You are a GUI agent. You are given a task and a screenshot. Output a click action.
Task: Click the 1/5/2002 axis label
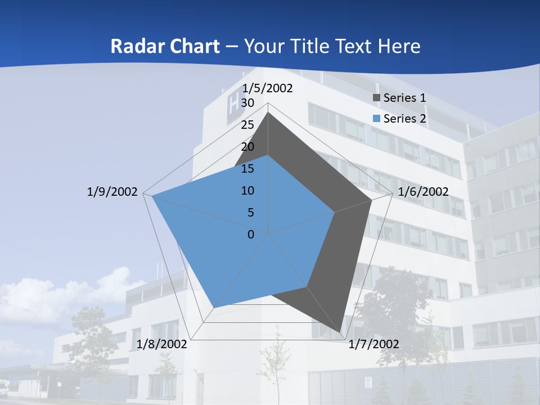tap(268, 88)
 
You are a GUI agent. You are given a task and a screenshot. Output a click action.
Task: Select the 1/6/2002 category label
tap(423, 192)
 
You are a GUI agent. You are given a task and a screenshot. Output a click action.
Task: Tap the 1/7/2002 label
tap(373, 344)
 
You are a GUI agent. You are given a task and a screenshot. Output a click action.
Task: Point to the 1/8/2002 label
tap(162, 344)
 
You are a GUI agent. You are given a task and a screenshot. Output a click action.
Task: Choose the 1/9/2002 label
tap(112, 192)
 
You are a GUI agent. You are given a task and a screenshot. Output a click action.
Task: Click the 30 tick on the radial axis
tap(247, 103)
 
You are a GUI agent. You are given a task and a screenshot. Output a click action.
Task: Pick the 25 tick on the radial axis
tap(247, 125)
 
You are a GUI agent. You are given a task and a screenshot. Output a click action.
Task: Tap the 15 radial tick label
tap(247, 169)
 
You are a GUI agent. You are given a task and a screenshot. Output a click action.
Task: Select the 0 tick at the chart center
tap(251, 235)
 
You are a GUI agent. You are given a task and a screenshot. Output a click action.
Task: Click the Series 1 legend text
tap(404, 98)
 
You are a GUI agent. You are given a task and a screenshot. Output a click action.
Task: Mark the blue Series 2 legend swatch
tap(377, 119)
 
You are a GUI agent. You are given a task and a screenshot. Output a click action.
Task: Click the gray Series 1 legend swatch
tap(377, 98)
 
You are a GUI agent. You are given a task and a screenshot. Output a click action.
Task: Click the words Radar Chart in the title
tap(165, 46)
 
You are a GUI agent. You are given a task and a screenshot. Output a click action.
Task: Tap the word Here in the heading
tap(399, 46)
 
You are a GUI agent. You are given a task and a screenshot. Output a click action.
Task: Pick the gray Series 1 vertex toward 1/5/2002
tap(268, 112)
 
